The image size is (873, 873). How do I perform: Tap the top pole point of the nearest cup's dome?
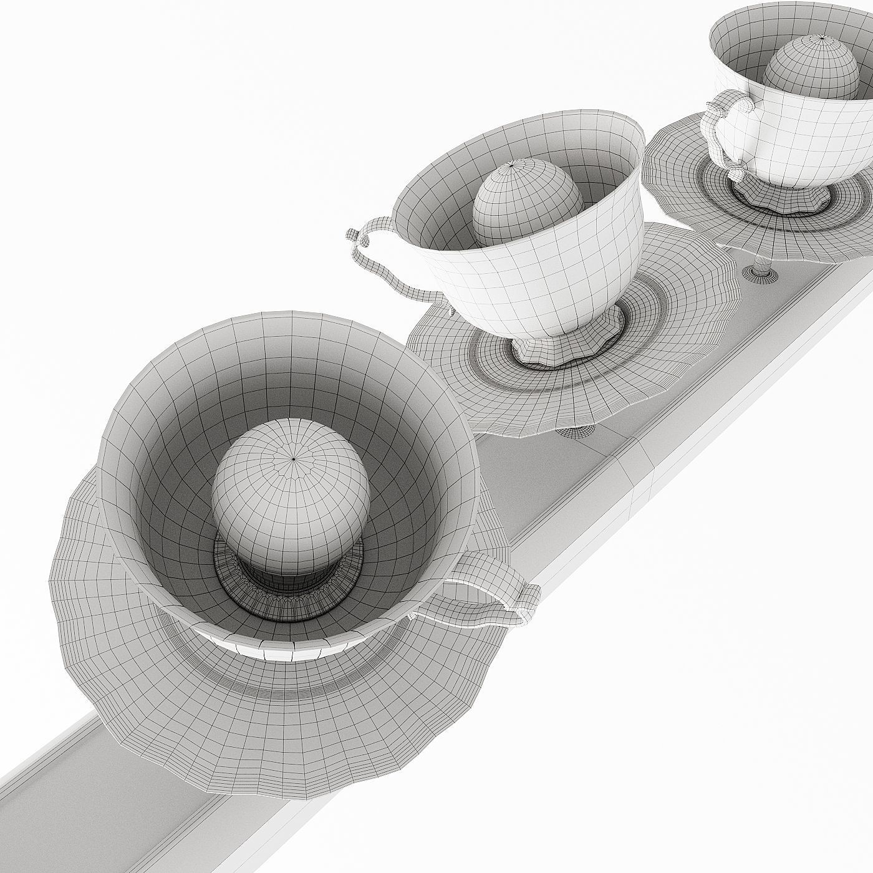click(x=294, y=460)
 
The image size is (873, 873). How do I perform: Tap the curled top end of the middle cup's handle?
click(x=353, y=235)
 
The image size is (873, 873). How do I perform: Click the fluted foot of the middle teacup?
click(x=567, y=343)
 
